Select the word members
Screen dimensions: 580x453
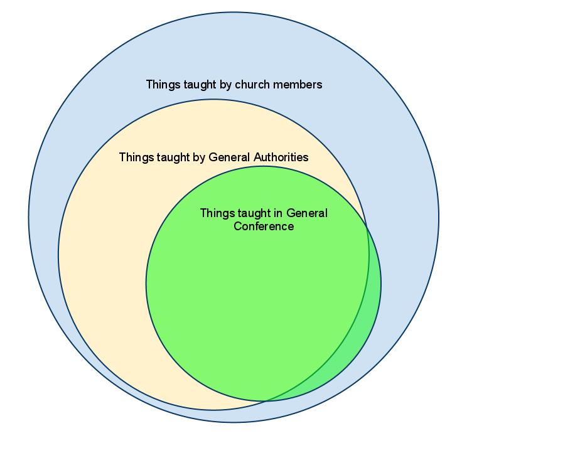298,84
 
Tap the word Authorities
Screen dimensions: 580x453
281,157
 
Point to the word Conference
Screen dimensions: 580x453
264,226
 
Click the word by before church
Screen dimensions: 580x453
225,85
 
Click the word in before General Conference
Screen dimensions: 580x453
278,213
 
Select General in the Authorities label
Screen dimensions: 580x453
229,157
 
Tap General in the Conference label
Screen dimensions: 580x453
307,213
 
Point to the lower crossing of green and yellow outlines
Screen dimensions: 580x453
266,401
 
